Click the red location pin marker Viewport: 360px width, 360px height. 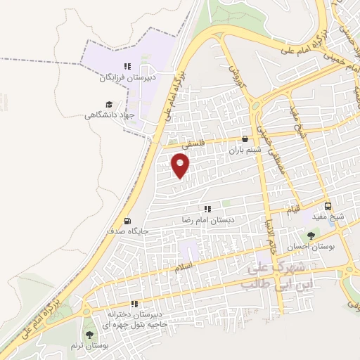[x=181, y=166]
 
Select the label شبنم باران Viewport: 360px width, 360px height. [x=244, y=150]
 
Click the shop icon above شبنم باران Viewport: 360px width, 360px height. [x=244, y=139]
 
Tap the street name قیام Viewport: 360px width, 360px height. [x=292, y=209]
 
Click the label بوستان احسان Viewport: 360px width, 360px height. [x=311, y=247]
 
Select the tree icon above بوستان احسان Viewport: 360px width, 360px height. [x=311, y=236]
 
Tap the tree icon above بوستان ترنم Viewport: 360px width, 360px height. [x=89, y=335]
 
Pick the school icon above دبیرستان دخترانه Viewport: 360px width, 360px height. [x=134, y=304]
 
